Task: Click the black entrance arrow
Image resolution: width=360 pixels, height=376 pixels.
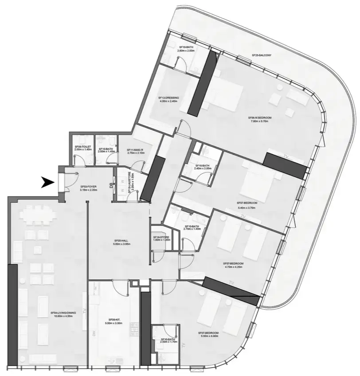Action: [x=47, y=182]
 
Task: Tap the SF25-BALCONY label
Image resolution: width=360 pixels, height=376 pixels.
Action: [x=261, y=56]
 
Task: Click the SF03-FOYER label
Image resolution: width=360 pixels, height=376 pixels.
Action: [x=89, y=187]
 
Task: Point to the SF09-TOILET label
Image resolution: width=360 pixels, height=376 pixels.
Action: [x=82, y=148]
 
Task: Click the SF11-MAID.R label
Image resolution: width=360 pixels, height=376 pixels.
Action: [x=135, y=149]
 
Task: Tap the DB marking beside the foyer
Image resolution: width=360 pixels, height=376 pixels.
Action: [x=110, y=186]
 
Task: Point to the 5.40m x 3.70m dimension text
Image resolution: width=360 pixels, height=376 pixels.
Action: [x=247, y=207]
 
